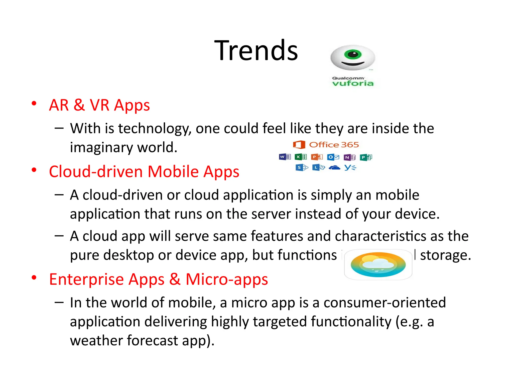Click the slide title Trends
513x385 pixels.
256,51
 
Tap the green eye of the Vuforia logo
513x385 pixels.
353,54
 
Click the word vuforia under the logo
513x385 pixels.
353,83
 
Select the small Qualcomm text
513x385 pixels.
348,78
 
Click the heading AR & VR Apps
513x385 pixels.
99,105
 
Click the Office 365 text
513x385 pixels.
334,145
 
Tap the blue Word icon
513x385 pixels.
285,157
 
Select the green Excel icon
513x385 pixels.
301,157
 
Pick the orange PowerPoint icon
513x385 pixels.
317,157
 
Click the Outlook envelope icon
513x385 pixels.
333,157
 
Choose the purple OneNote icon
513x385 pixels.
349,157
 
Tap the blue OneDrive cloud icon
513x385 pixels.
334,167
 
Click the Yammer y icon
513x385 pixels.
350,167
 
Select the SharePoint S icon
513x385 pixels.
301,167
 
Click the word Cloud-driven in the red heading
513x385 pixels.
96,172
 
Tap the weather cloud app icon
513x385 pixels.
378,264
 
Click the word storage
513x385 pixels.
445,255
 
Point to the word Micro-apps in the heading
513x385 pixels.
227,279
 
